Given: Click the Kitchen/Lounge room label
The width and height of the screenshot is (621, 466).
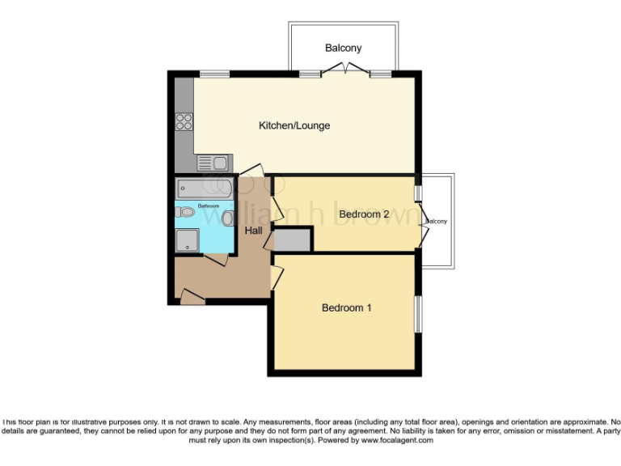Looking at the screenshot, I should coord(294,125).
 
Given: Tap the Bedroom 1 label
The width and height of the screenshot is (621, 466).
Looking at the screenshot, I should coord(346,307).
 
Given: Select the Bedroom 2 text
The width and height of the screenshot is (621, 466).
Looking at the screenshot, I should coord(364,214).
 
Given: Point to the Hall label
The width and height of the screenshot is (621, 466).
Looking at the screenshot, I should coord(254,231).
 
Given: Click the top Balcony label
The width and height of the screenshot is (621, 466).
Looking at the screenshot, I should coord(343,48).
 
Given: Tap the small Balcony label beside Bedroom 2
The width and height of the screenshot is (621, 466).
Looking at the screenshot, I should coord(437,221).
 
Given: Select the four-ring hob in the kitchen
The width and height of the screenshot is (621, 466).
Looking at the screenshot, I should coord(184,121).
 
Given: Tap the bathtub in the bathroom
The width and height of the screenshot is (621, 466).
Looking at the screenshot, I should coord(205,189).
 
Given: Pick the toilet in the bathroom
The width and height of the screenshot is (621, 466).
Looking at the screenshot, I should coord(187,212).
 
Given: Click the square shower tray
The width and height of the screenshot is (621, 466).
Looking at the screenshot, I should coord(188,239).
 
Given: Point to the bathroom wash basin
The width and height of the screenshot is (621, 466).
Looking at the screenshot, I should coord(228,218).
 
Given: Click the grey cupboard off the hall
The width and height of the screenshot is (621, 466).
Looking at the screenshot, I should coord(292,239).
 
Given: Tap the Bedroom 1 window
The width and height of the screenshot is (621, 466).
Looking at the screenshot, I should coord(418,313).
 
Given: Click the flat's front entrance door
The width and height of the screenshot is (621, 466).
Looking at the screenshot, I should coord(192,299).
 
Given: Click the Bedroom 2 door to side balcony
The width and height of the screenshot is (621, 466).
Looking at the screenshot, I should coord(423,235).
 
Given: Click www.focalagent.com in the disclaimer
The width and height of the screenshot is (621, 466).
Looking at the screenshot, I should coord(397,440).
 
